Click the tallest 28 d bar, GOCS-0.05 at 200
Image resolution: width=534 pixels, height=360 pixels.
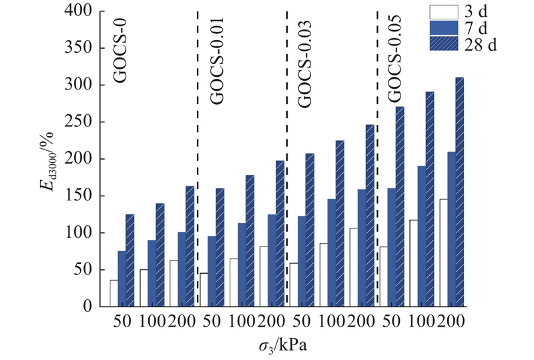[x=459, y=192]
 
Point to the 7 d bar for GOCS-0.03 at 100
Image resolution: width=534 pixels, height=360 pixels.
[x=332, y=252]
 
